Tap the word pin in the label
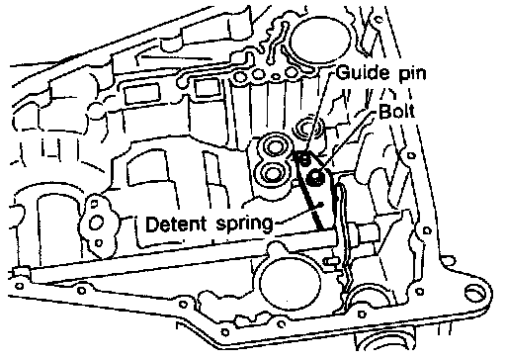(x=412, y=74)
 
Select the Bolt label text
(x=396, y=111)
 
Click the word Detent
(x=176, y=225)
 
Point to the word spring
(x=245, y=225)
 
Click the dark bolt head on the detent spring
(x=315, y=178)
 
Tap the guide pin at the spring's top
(x=304, y=159)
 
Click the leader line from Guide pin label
(x=318, y=113)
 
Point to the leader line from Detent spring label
(x=298, y=214)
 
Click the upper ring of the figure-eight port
(x=274, y=146)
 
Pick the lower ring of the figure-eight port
(x=272, y=173)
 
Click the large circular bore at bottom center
(x=290, y=284)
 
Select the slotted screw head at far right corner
(x=475, y=293)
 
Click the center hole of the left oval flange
(x=97, y=223)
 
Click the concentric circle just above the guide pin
(x=308, y=128)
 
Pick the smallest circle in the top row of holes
(x=277, y=77)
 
